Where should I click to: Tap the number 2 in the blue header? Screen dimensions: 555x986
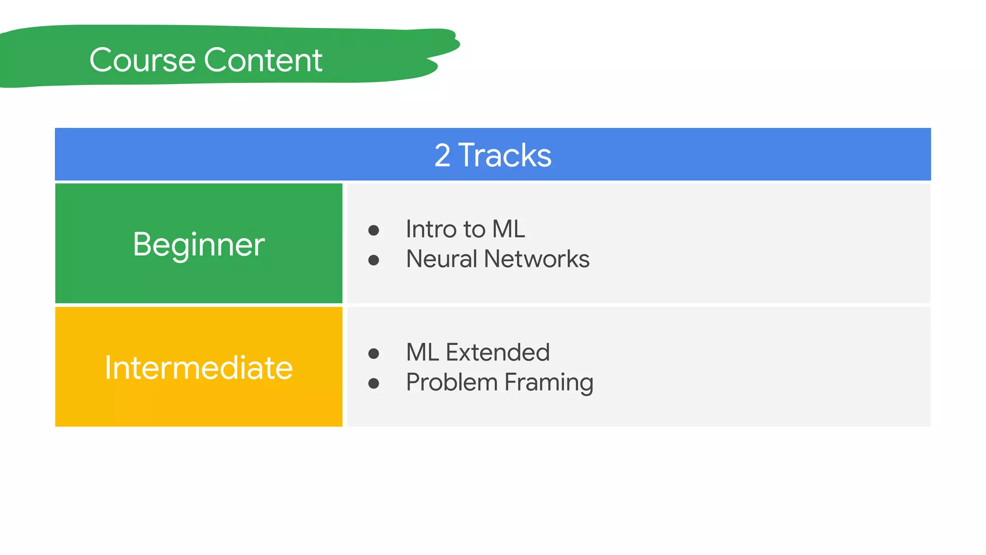point(442,156)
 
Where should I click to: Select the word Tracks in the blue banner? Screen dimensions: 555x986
point(505,156)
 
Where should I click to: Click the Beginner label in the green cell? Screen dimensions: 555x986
point(198,244)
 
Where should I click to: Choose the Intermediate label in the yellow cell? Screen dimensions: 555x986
point(198,368)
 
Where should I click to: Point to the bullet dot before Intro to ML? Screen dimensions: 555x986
point(374,230)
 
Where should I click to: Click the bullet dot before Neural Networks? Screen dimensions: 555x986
point(374,261)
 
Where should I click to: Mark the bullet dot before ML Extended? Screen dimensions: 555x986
point(374,354)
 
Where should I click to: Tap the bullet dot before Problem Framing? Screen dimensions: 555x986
point(374,383)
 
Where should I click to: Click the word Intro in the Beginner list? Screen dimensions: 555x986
point(431,229)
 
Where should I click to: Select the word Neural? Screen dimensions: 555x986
point(441,259)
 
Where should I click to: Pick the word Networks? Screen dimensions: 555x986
point(536,259)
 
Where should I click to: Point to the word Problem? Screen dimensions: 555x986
point(452,383)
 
